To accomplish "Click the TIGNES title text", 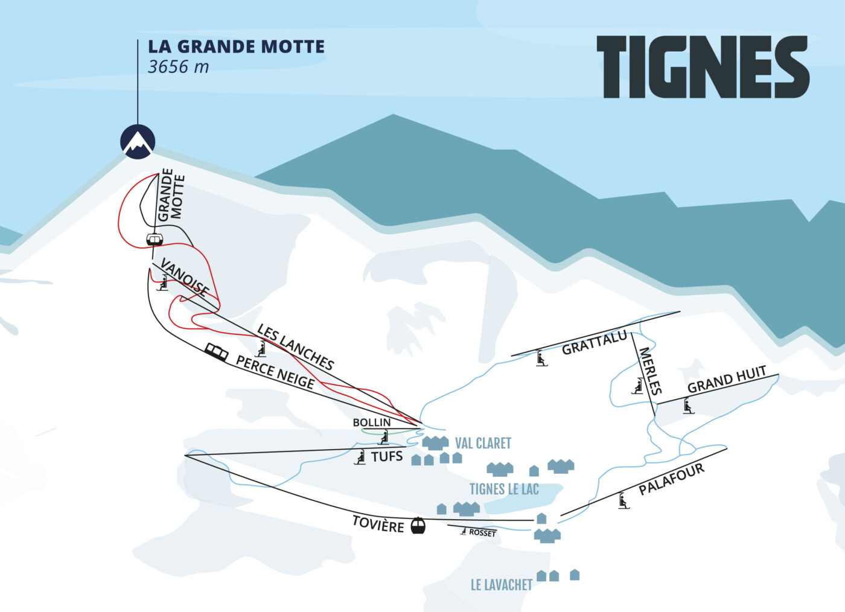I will point(703,67).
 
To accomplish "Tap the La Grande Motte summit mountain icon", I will point(138,142).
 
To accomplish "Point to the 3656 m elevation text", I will point(179,66).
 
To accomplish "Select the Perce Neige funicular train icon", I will point(217,352).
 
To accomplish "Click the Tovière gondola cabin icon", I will point(418,526).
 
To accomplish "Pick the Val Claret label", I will point(483,444).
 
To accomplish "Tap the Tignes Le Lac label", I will point(504,489).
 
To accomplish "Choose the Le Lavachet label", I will point(502,585).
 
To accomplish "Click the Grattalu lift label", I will point(595,343).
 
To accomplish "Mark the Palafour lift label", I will point(671,479).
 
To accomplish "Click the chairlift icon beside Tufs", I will point(360,457).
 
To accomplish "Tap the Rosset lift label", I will point(482,533).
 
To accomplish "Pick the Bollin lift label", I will point(372,422).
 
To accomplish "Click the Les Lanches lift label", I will point(295,347).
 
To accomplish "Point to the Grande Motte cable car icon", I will point(155,239).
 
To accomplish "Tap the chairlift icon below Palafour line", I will point(623,501).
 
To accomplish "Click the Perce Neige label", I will point(275,372).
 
